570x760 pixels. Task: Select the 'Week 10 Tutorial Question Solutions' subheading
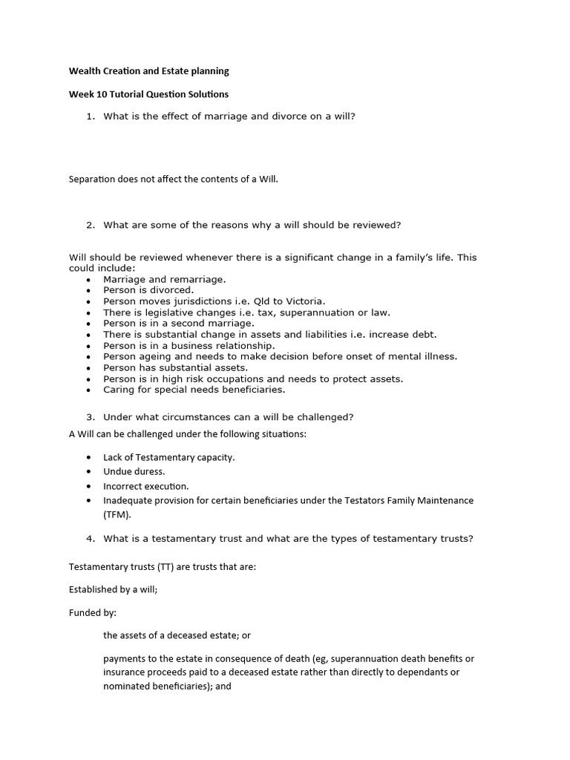point(148,94)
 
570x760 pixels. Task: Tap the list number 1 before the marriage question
point(91,117)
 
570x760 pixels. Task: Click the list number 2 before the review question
point(91,225)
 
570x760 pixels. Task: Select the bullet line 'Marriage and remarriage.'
point(164,280)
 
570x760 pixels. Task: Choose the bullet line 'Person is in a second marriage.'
point(178,324)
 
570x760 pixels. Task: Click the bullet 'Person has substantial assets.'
point(175,367)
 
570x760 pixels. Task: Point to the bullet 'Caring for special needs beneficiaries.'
point(194,390)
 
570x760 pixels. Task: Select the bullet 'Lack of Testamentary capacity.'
point(168,457)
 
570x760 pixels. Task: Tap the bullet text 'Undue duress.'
point(134,471)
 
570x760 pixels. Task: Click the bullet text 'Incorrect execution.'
point(145,486)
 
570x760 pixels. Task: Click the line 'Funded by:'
point(93,613)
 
